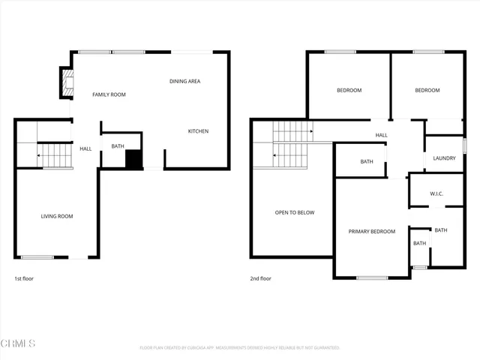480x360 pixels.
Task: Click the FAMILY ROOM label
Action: tap(109, 94)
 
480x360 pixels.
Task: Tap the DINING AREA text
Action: tap(184, 81)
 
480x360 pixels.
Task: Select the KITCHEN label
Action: tap(198, 131)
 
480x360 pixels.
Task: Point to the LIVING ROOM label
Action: tap(56, 216)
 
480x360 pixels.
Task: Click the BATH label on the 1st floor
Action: tap(118, 146)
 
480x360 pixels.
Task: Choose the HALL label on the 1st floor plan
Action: tap(85, 148)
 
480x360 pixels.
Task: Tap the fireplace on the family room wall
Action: tap(66, 82)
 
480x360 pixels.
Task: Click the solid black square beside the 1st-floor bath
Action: tap(133, 159)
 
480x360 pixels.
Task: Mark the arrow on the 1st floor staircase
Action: tap(39, 156)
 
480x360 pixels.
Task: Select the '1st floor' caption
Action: tap(24, 278)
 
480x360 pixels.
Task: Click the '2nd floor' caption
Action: tap(261, 278)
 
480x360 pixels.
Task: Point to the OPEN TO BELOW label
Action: tap(294, 212)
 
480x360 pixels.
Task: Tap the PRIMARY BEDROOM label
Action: tap(371, 231)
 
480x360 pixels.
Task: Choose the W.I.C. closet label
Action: tap(436, 193)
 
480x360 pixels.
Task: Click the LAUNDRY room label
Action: tap(444, 158)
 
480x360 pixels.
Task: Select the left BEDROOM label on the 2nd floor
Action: tap(349, 90)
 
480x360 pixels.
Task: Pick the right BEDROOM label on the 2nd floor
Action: tap(427, 90)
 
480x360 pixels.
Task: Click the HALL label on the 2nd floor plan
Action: tap(382, 135)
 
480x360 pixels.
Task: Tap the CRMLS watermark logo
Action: tap(18, 343)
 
